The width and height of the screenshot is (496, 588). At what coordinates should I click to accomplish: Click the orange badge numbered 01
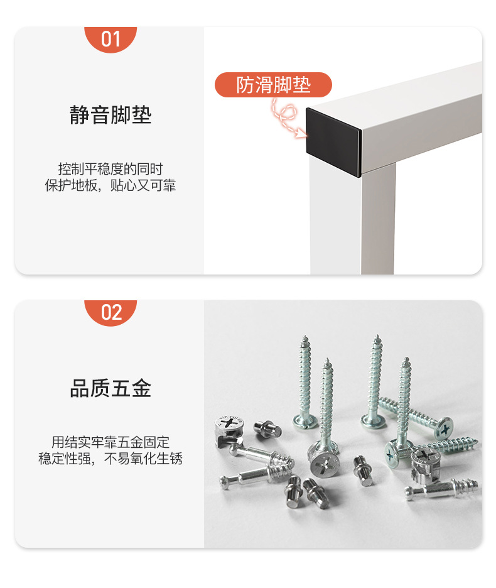coord(111,39)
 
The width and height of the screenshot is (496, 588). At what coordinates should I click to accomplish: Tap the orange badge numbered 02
coord(111,312)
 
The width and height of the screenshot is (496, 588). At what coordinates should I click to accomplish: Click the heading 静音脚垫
coord(111,116)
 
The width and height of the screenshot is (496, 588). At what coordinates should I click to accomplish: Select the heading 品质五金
coord(111,389)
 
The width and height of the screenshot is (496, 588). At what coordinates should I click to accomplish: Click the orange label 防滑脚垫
coord(273,85)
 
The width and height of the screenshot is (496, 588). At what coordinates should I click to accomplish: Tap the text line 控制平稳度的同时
coord(111,169)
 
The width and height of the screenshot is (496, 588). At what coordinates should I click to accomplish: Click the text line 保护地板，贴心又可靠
coord(111,186)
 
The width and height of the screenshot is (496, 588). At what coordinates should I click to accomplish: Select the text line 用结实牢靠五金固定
coord(111,442)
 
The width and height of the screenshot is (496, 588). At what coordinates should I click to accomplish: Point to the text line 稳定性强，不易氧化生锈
coord(111,459)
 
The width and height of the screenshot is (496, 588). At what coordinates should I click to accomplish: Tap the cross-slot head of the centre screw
coord(324,465)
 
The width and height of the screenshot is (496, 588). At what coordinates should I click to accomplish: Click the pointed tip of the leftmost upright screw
coord(305,339)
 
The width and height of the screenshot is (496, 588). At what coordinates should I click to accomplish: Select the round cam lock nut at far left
coord(228,428)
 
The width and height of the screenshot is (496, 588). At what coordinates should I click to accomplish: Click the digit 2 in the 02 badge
coord(116,312)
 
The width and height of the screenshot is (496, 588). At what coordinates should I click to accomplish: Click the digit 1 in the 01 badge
coord(116,39)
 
